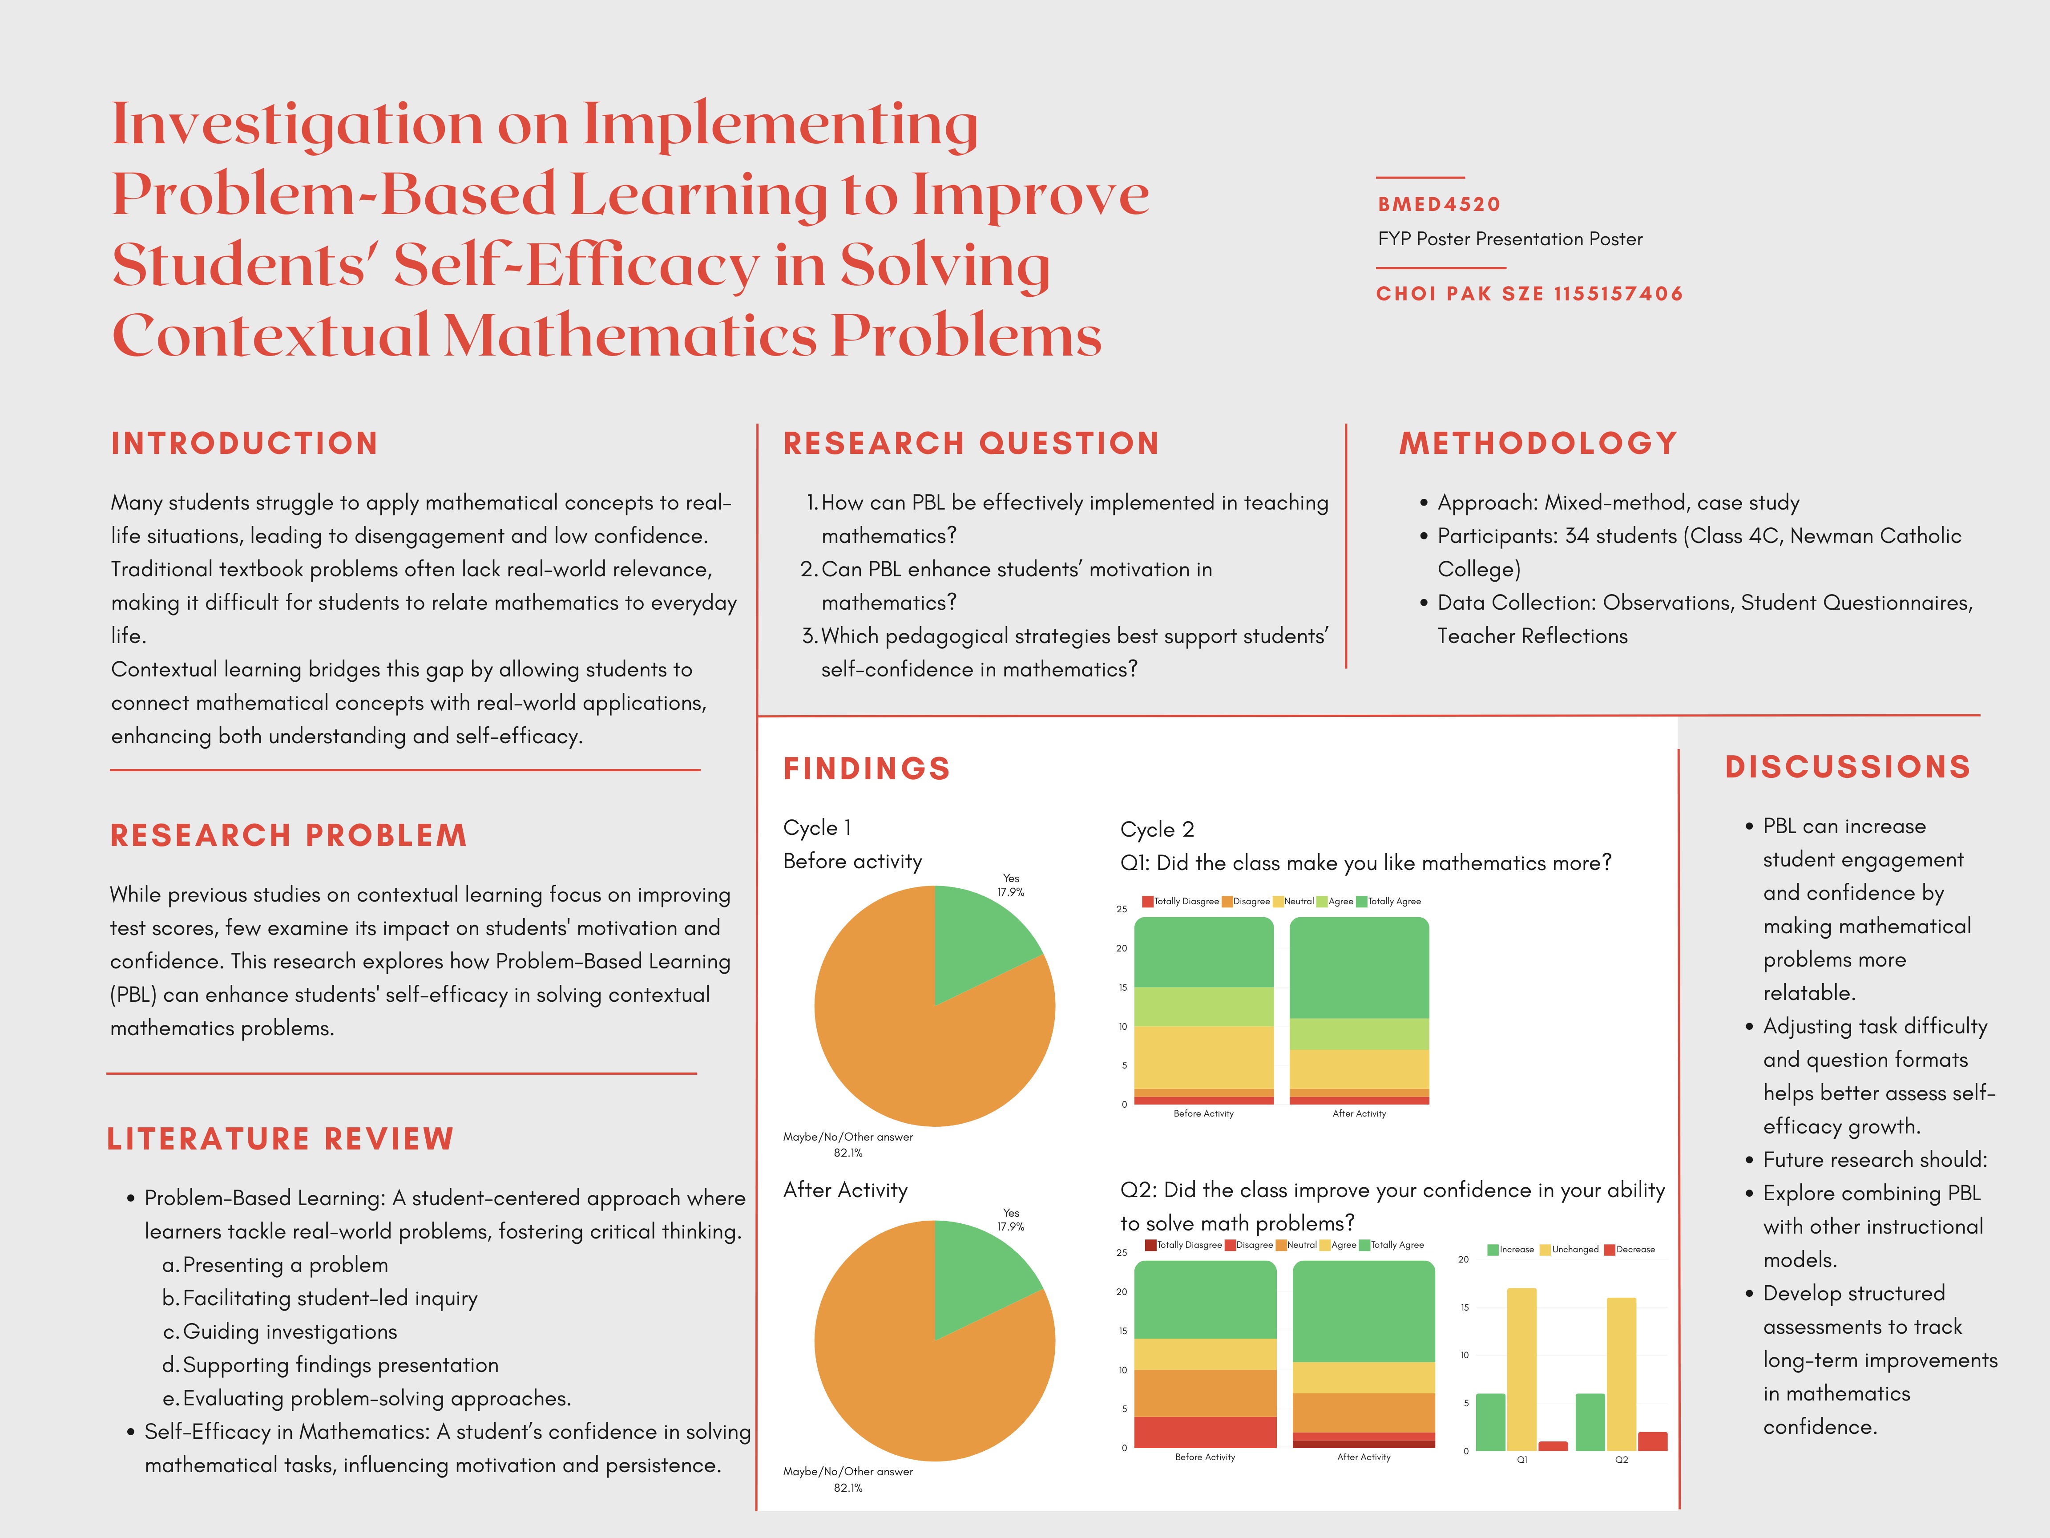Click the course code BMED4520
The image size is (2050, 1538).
coord(1438,204)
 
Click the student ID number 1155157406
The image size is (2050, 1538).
coord(1618,294)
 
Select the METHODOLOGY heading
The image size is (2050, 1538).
coord(1538,443)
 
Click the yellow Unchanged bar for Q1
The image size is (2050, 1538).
coord(1522,1369)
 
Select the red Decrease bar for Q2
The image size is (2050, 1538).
coord(1652,1441)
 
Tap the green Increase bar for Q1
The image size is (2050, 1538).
coord(1490,1422)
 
